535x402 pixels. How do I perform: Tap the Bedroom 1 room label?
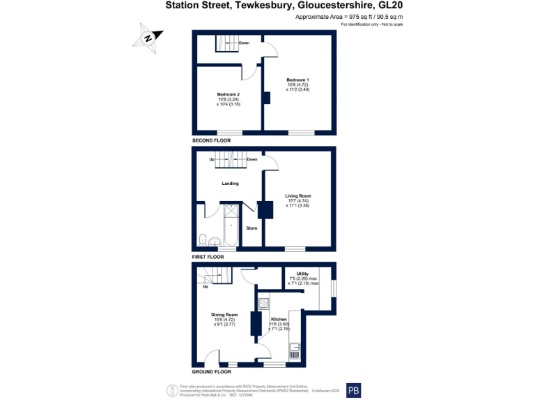297,80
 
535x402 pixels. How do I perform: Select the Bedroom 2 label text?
228,94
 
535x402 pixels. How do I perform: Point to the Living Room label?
297,196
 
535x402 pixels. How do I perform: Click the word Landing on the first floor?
230,184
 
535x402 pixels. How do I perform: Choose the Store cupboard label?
251,228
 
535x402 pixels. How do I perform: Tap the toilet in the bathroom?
202,240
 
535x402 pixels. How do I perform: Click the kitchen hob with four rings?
265,303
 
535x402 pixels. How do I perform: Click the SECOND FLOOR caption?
212,141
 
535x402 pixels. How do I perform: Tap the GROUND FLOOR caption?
212,372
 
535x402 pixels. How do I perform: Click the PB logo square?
354,390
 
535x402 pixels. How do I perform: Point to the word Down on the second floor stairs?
244,43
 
